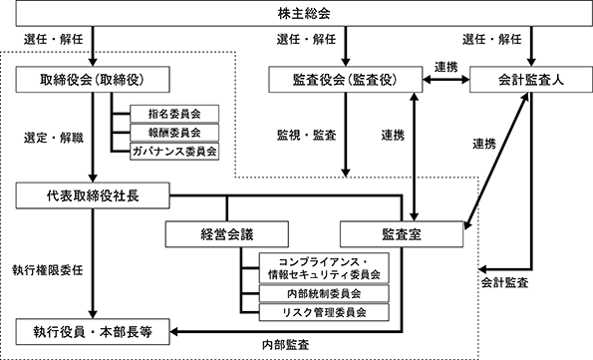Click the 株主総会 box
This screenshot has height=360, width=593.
(304, 13)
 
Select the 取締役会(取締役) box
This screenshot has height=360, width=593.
(93, 80)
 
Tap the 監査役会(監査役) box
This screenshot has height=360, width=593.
(345, 80)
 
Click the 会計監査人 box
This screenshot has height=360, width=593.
(531, 80)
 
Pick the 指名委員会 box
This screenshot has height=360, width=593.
(174, 114)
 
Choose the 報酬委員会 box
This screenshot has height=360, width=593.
(174, 133)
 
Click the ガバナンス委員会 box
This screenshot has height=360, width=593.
(174, 152)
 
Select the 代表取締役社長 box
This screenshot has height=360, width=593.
(93, 195)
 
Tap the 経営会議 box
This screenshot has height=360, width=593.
(227, 234)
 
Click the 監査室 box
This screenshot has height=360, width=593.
(402, 234)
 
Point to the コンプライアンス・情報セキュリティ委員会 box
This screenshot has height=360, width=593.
(324, 268)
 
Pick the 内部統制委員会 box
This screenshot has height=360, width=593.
(324, 293)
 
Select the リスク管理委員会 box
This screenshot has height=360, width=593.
(324, 312)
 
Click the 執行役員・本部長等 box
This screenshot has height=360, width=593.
(93, 332)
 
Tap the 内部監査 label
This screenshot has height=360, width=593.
(285, 345)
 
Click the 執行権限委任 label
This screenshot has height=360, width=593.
(48, 270)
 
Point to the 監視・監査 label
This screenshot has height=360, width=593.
(307, 136)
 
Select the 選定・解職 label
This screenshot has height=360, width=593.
(54, 138)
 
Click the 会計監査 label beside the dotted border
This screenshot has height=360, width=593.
(504, 282)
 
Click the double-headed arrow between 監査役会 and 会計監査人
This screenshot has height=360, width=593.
(446, 80)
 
